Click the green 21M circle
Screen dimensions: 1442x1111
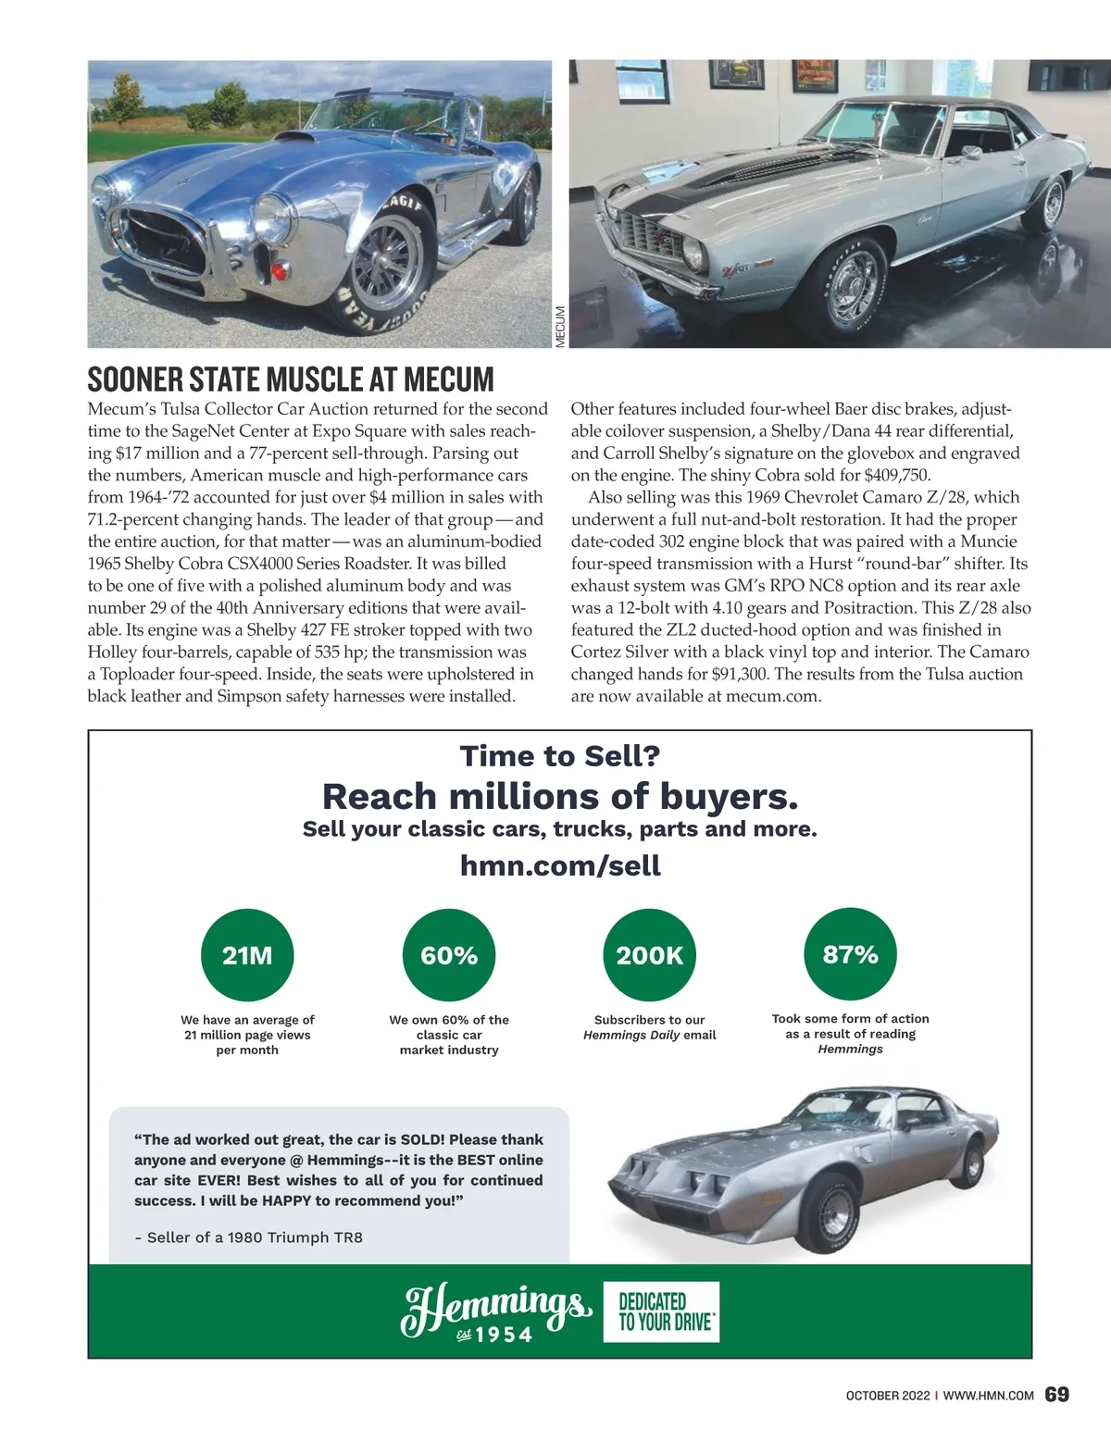click(247, 955)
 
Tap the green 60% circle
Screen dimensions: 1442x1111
click(449, 955)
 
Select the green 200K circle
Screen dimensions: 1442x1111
click(650, 955)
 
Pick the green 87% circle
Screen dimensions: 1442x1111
click(850, 954)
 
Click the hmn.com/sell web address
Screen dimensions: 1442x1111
click(560, 865)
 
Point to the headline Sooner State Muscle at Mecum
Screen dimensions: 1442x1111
click(291, 379)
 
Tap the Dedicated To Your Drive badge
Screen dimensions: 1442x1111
click(665, 1311)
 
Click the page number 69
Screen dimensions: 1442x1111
click(1056, 1393)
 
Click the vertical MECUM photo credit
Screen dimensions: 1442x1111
click(559, 328)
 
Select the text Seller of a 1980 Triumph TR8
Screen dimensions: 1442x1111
click(248, 1237)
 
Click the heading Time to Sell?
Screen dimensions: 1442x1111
click(560, 756)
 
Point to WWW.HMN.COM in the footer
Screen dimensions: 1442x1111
click(988, 1394)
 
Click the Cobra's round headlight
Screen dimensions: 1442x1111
click(273, 216)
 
